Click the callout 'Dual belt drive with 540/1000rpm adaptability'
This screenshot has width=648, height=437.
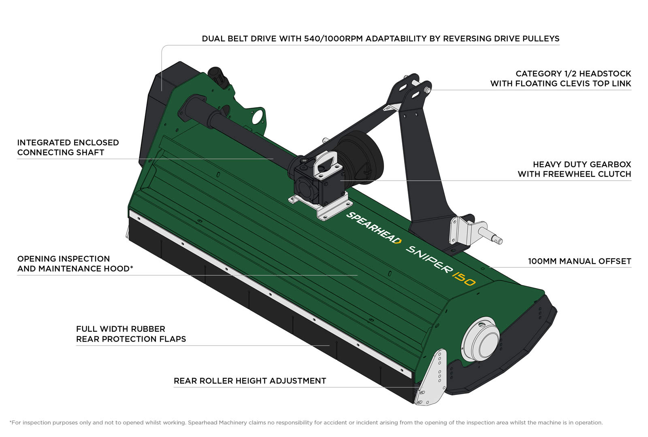pyautogui.click(x=380, y=39)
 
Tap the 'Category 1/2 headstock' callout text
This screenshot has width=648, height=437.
pyautogui.click(x=561, y=78)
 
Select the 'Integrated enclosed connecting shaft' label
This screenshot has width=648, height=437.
pyautogui.click(x=68, y=147)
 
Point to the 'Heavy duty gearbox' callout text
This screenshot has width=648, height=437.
pyautogui.click(x=574, y=169)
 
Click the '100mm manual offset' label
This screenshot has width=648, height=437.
pyautogui.click(x=579, y=261)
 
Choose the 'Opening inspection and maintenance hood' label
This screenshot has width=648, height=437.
pyautogui.click(x=75, y=264)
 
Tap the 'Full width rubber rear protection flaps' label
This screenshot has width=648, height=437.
pyautogui.click(x=131, y=334)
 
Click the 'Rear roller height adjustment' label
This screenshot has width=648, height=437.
pyautogui.click(x=249, y=381)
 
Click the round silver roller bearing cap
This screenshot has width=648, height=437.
pyautogui.click(x=482, y=339)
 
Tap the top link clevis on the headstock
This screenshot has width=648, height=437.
pyautogui.click(x=413, y=87)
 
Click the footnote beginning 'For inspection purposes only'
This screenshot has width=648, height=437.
pyautogui.click(x=306, y=422)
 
